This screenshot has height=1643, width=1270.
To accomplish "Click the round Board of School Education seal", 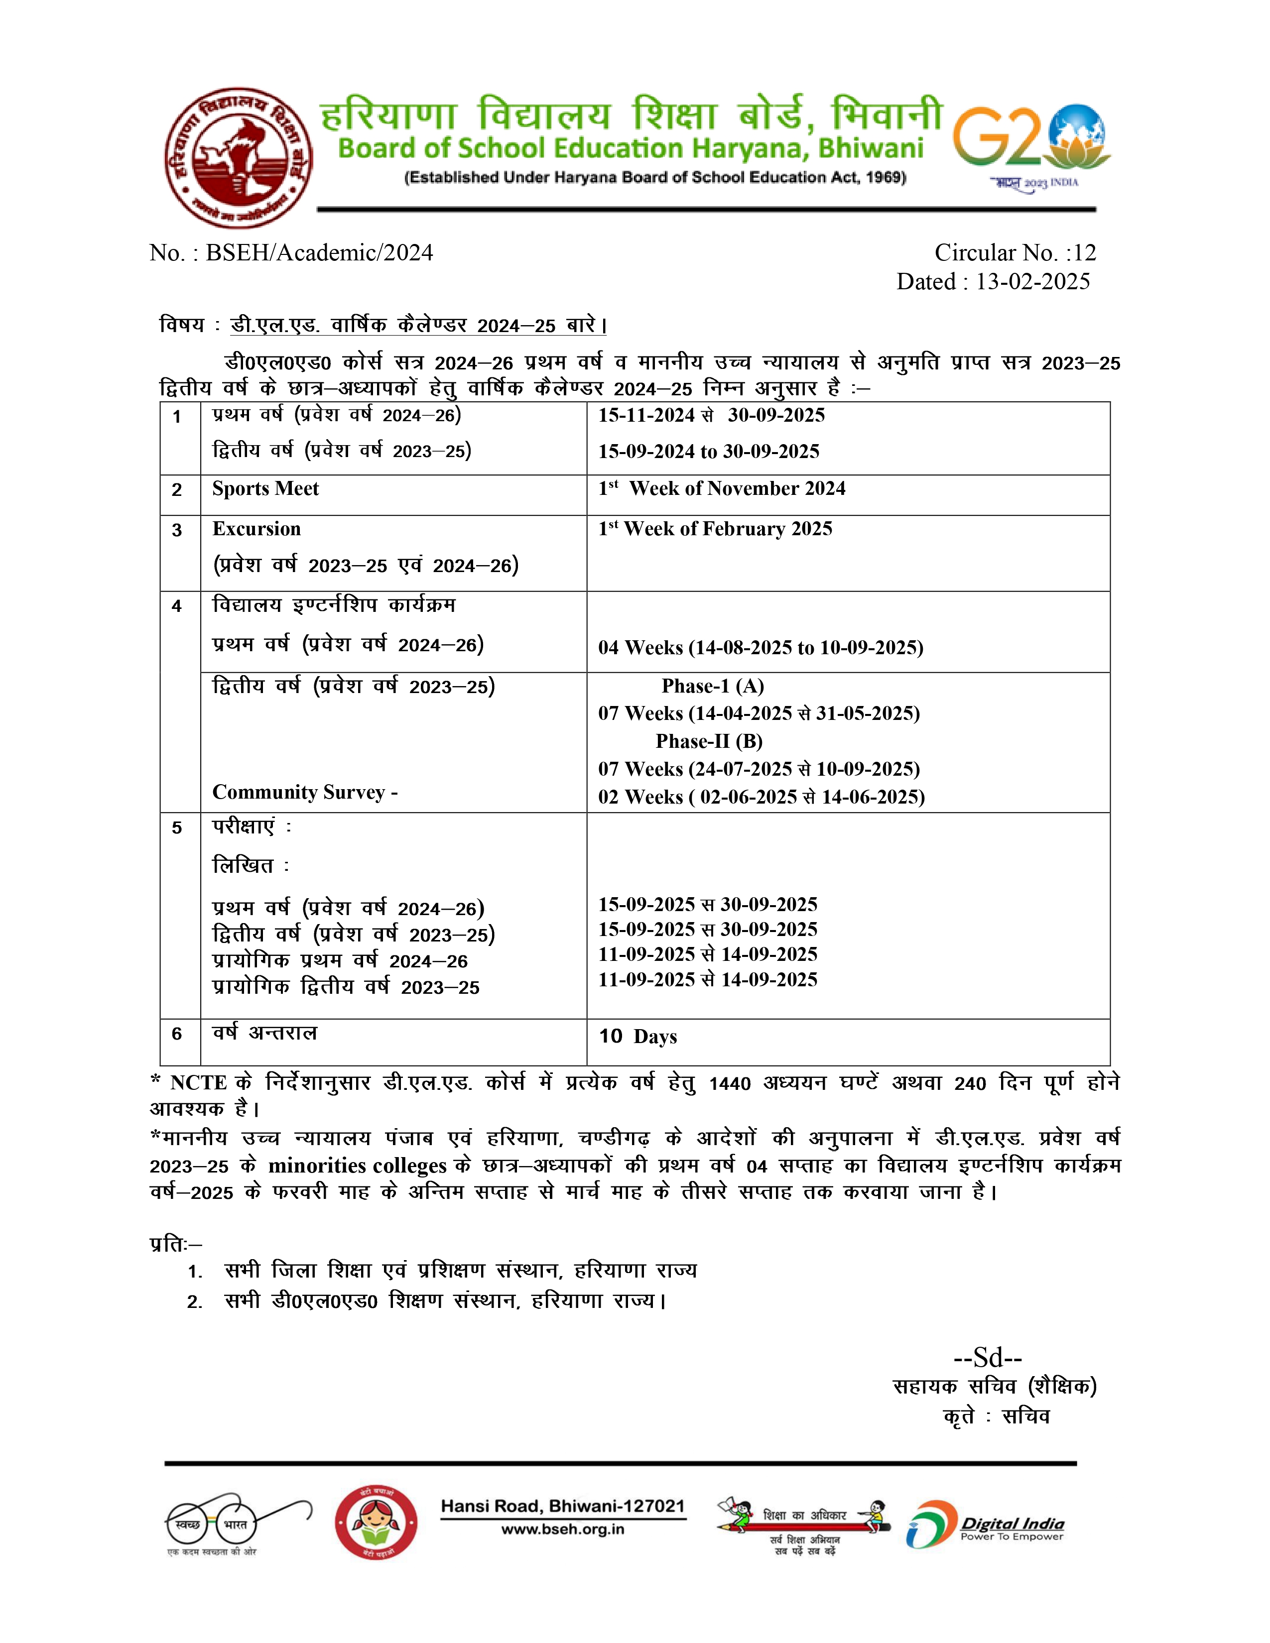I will point(239,157).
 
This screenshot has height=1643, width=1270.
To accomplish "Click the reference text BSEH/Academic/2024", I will point(319,253).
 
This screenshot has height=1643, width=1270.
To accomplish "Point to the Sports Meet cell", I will point(265,489).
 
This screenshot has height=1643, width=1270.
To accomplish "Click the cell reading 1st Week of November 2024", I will point(722,489).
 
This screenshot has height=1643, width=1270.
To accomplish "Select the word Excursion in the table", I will point(256,529).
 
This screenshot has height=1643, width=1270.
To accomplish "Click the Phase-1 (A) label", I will point(713,686).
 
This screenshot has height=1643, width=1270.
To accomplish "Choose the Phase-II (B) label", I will point(709,742).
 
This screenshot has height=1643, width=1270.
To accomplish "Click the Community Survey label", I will point(305,792).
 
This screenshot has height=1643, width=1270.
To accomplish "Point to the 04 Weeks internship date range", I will point(760,648).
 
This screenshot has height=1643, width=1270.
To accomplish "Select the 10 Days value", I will point(638,1037).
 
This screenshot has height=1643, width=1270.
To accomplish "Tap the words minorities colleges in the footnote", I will point(358,1166).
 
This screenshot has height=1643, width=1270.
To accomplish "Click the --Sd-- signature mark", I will point(987,1357).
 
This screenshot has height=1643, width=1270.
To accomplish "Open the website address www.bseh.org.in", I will point(563,1529).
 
